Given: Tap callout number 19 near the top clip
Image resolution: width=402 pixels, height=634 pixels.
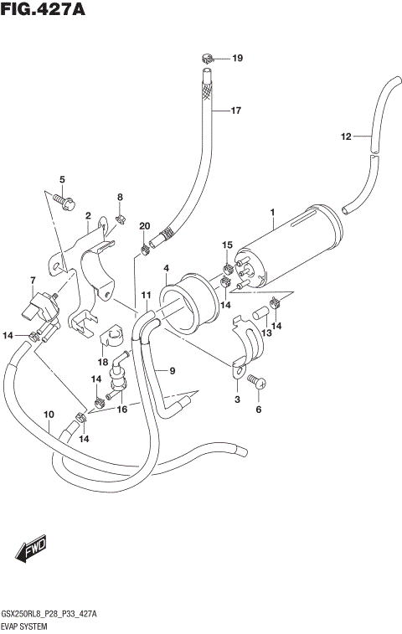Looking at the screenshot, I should [x=237, y=59].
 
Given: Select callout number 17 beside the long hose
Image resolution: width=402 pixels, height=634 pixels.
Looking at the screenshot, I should [x=235, y=111].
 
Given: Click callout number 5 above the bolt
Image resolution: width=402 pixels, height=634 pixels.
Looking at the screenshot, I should [x=61, y=180].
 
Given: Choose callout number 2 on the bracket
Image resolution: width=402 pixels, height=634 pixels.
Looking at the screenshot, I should [x=87, y=215].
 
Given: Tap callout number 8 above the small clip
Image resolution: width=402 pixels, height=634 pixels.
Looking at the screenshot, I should [x=120, y=198].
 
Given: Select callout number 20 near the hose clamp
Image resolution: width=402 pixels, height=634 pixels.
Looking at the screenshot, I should [x=144, y=226].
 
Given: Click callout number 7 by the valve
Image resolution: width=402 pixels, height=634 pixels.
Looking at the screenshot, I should [x=33, y=280].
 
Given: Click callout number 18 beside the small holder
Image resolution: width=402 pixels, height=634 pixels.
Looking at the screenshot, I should [x=102, y=362].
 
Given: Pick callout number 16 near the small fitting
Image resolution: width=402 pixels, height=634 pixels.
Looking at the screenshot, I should [x=122, y=410].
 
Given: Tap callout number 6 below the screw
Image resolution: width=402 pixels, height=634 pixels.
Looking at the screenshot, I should [x=259, y=410].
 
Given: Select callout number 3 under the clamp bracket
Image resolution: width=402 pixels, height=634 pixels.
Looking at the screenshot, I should [x=238, y=401].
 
